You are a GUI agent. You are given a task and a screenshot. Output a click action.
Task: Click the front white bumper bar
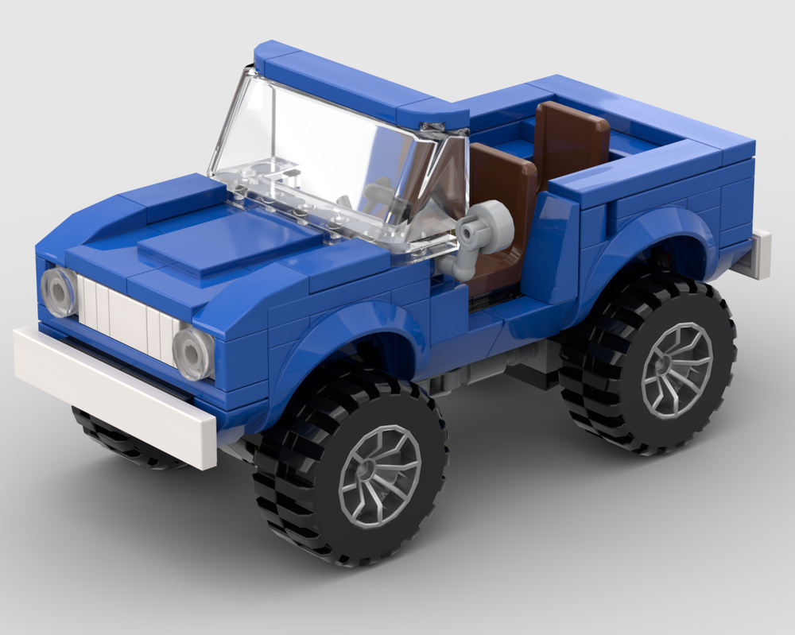click(x=111, y=390)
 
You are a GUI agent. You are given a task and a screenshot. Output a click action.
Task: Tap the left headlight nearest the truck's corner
click(x=58, y=292)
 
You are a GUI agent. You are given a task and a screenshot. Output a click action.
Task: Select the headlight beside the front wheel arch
click(x=193, y=353)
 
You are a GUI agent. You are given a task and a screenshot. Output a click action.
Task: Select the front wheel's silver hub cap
click(x=379, y=475)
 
